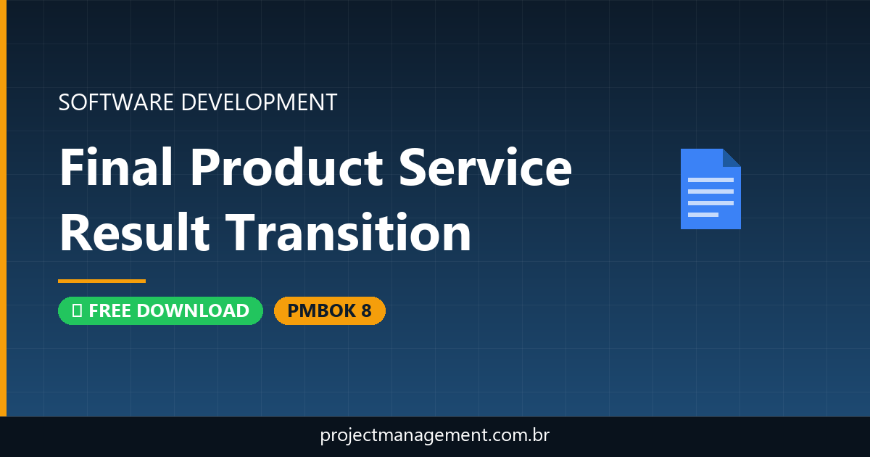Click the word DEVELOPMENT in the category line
click(259, 102)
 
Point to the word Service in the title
click(487, 167)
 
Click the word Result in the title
click(135, 233)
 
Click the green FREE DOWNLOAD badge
click(160, 310)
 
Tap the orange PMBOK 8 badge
click(329, 310)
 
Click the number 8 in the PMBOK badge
click(365, 310)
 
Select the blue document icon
click(710, 189)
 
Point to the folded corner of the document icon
click(732, 157)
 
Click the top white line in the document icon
click(710, 179)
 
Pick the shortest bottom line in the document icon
click(703, 215)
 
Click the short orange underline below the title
click(101, 281)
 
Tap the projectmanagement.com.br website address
click(435, 436)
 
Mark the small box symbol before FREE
click(76, 311)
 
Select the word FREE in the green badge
click(111, 310)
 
